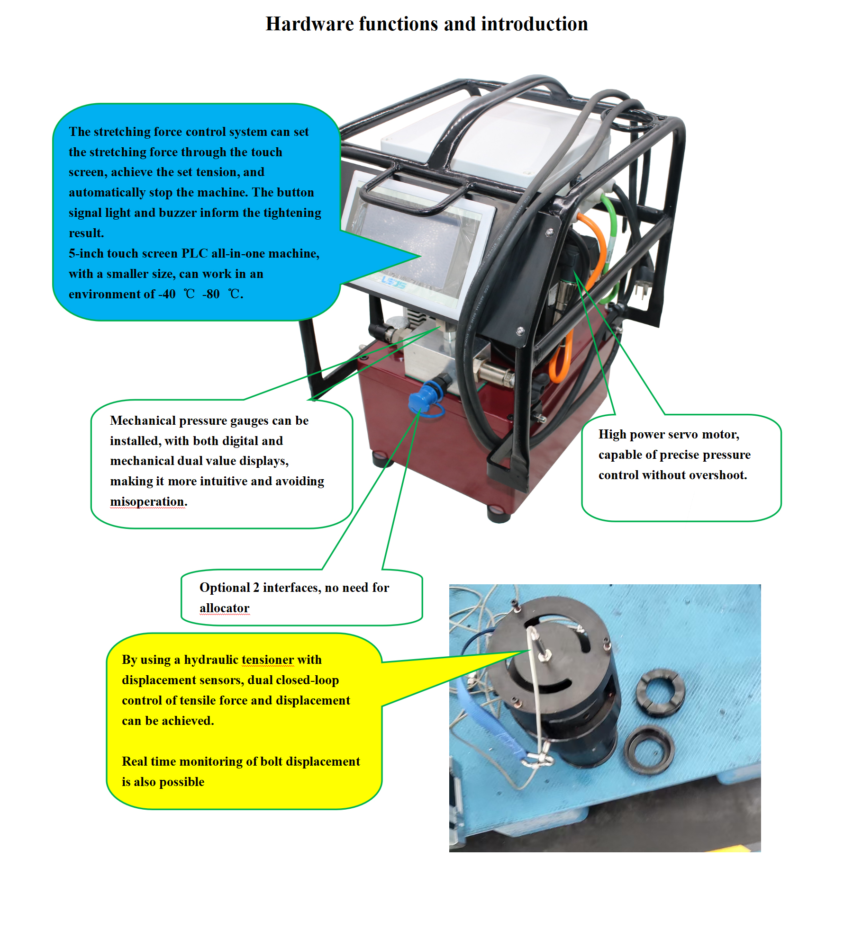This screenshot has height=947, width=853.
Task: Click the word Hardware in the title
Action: pos(309,24)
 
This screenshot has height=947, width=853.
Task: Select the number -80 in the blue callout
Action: pos(211,294)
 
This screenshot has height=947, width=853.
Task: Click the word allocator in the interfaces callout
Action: pos(224,608)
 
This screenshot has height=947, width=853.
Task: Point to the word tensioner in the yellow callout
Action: pos(268,660)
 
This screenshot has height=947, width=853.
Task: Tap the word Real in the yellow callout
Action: pos(135,761)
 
